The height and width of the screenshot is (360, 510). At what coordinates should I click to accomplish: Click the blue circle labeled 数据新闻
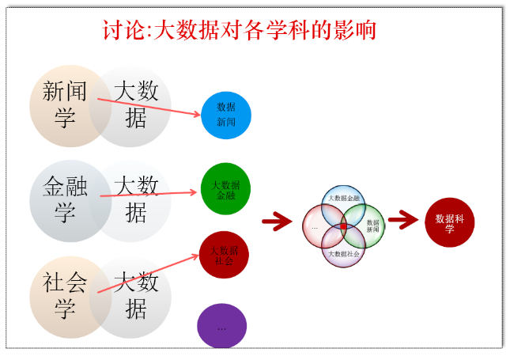(x=226, y=115)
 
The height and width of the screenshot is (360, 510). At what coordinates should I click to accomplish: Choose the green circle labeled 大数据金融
(x=225, y=189)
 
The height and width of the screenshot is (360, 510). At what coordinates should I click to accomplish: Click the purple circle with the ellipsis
(x=222, y=326)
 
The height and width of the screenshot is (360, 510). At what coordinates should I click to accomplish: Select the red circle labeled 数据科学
(x=450, y=223)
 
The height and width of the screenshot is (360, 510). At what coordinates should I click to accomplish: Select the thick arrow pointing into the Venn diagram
(x=277, y=222)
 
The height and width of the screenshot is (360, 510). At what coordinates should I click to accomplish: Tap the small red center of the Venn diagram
(x=343, y=226)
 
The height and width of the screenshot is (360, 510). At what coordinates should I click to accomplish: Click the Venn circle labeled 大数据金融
(x=343, y=199)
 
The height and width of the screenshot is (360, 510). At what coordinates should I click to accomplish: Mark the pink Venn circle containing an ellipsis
(x=315, y=226)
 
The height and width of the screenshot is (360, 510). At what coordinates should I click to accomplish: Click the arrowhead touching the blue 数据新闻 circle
(x=198, y=116)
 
